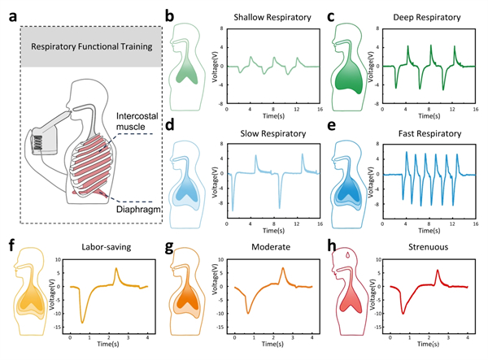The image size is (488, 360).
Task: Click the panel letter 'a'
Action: click(11, 15)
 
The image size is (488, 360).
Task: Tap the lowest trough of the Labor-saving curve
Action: click(82, 323)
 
